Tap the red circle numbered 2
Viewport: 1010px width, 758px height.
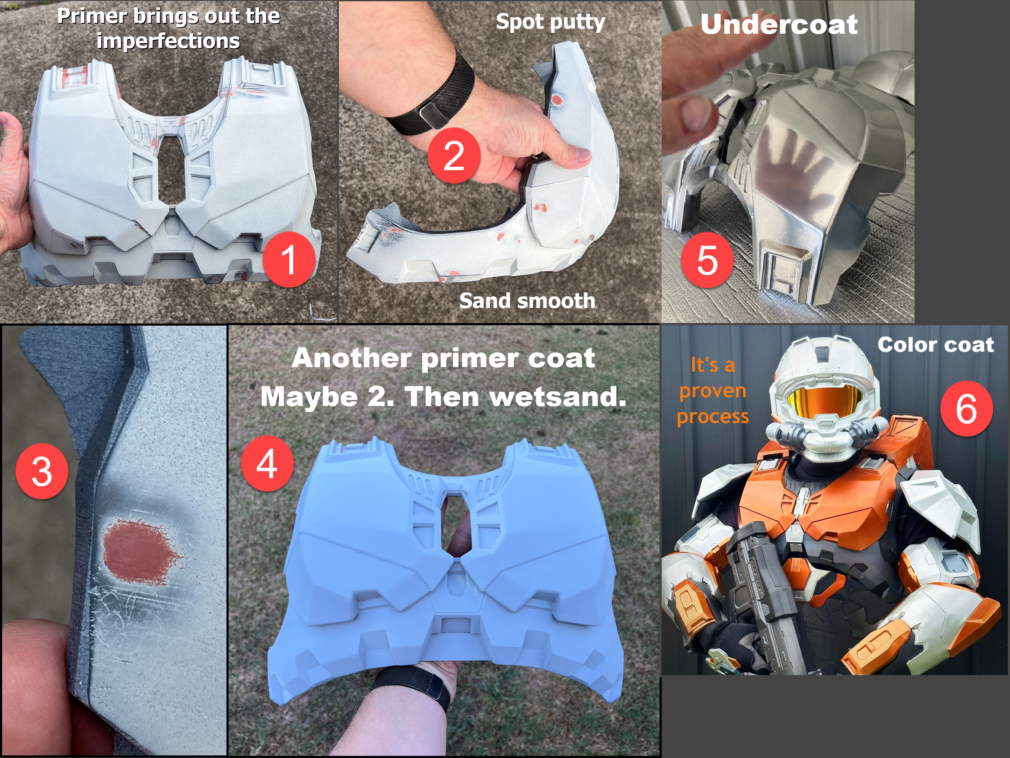454,155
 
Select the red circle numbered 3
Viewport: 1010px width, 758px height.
42,471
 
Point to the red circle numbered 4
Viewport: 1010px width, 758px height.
267,463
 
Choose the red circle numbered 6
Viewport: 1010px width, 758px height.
967,409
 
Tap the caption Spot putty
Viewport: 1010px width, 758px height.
551,22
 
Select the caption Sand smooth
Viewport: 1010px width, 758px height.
527,301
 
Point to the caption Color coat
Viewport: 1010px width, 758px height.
936,345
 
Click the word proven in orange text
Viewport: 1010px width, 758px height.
713,391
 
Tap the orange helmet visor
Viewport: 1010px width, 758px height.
823,401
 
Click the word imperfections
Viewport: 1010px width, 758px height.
168,41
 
